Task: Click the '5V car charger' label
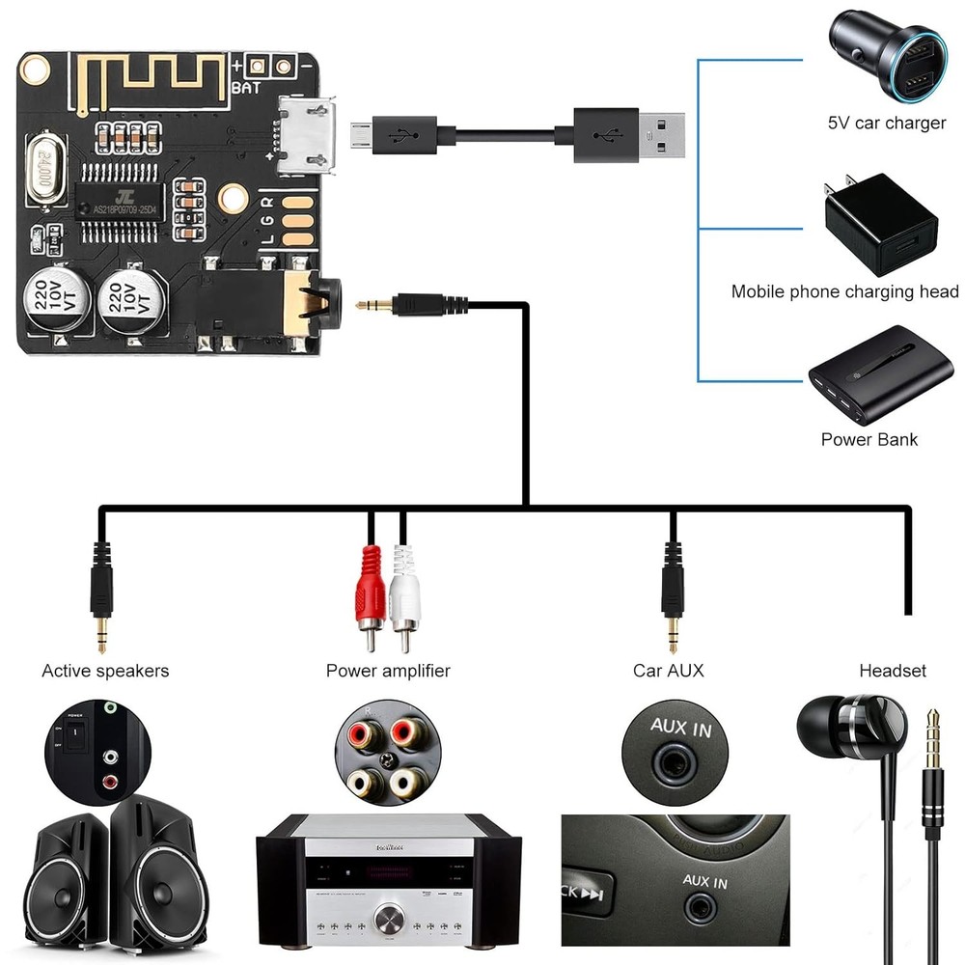coord(887,124)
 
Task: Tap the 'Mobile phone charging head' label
coord(844,291)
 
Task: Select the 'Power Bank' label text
coord(868,439)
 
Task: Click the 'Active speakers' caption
coord(105,670)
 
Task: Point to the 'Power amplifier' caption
coord(388,670)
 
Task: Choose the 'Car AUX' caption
coord(668,670)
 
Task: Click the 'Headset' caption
coord(892,670)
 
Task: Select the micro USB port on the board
coord(308,135)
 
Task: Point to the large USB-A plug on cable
coord(627,132)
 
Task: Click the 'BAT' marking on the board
coord(245,90)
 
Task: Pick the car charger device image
coord(886,57)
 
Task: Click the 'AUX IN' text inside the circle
coord(680,726)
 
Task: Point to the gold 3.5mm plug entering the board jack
coord(372,305)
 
